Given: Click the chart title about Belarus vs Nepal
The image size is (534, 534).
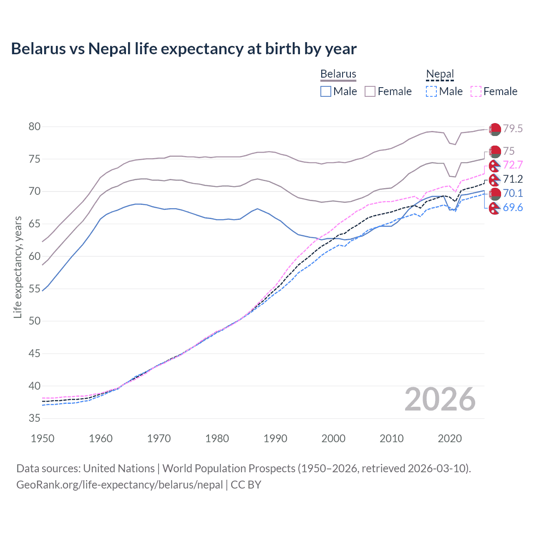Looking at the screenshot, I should pyautogui.click(x=184, y=49).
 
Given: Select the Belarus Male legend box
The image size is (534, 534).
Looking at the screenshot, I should pyautogui.click(x=326, y=91).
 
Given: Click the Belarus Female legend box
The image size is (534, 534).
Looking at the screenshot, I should pyautogui.click(x=370, y=91).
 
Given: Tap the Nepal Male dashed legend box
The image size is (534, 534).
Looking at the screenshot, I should pyautogui.click(x=431, y=91).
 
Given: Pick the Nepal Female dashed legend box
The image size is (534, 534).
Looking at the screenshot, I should pyautogui.click(x=476, y=91).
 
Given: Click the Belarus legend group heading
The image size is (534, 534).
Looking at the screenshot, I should pyautogui.click(x=338, y=74).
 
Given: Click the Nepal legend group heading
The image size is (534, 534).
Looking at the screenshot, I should pyautogui.click(x=440, y=74).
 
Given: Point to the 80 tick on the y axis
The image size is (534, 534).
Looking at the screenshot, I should pyautogui.click(x=34, y=126).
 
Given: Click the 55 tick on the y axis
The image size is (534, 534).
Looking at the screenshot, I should pyautogui.click(x=34, y=289).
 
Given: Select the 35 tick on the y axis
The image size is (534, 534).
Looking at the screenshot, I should pyautogui.click(x=34, y=418).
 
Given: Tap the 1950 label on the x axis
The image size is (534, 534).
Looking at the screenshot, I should pyautogui.click(x=43, y=438).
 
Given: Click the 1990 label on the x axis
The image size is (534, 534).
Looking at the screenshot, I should pyautogui.click(x=275, y=438).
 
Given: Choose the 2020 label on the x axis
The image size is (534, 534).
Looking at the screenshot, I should pyautogui.click(x=450, y=438).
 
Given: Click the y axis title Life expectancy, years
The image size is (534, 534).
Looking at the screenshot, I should pyautogui.click(x=18, y=267).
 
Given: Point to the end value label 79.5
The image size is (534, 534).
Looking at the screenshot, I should pyautogui.click(x=513, y=129).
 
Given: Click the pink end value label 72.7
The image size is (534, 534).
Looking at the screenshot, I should pyautogui.click(x=513, y=165).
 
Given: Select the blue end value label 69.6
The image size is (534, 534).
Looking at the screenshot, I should pyautogui.click(x=513, y=208).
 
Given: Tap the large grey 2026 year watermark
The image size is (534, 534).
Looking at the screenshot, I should pyautogui.click(x=440, y=400).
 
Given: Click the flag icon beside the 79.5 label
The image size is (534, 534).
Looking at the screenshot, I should pyautogui.click(x=495, y=129).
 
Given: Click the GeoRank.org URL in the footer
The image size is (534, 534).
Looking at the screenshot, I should pyautogui.click(x=119, y=485).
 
